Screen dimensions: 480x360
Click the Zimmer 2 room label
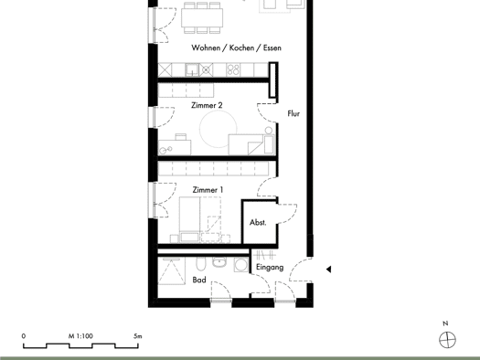point(207,105)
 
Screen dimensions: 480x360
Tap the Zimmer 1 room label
point(208,190)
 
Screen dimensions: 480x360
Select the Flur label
point(293,113)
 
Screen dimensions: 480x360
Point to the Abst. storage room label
point(258,222)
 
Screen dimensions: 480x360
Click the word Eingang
point(270,268)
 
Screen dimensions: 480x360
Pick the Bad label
point(199,280)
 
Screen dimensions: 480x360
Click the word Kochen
point(242,48)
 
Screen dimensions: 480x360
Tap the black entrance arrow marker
point(328,270)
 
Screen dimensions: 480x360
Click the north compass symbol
point(447,340)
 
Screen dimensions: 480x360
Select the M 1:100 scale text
point(80,336)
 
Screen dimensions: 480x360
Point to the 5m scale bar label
point(138,336)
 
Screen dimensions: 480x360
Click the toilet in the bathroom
point(200,264)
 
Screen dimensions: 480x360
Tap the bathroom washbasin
point(219,262)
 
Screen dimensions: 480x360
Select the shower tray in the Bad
point(172,271)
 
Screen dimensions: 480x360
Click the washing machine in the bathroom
point(241,265)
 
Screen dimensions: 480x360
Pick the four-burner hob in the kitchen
point(233,70)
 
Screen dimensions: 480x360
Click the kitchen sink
point(192,70)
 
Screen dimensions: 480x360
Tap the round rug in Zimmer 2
point(218,129)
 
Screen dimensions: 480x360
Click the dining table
point(202,17)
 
